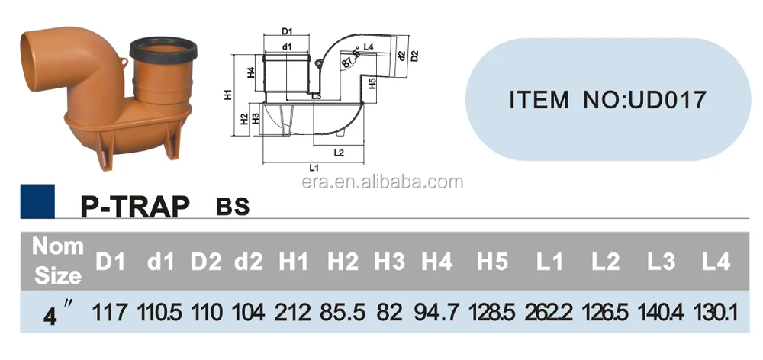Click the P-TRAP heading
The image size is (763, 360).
tap(134, 206)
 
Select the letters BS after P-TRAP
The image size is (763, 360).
tap(233, 207)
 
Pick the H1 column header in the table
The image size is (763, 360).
tap(294, 262)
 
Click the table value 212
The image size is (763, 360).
tap(294, 312)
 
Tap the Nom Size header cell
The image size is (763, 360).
tap(57, 260)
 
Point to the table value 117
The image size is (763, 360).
tap(109, 312)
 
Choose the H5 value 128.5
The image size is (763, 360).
tap(491, 312)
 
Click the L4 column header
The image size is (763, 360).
tap(715, 262)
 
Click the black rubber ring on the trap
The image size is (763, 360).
tap(163, 50)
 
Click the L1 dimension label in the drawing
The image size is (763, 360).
tap(314, 166)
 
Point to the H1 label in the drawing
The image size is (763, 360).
tap(228, 95)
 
